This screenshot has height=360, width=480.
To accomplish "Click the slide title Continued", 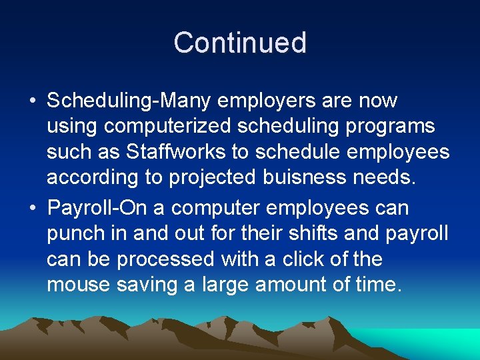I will coord(240,43).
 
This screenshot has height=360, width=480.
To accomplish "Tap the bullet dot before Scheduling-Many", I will coord(33,101).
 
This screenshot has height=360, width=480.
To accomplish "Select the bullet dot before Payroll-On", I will coord(33,208).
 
